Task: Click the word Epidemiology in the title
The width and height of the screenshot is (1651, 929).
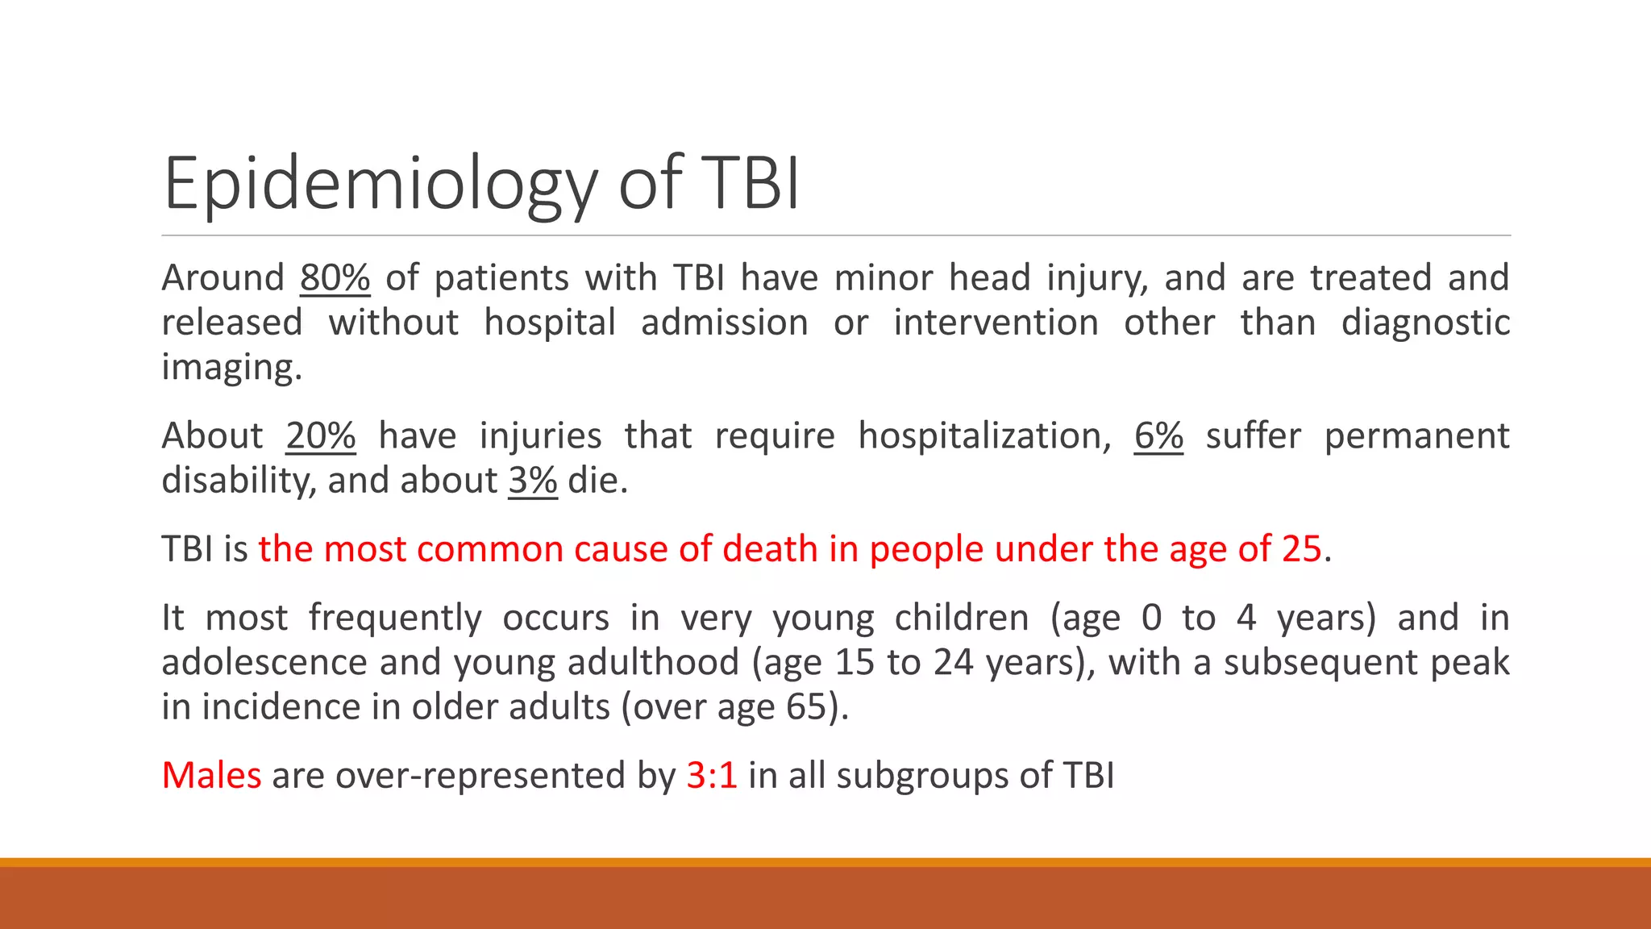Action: [379, 184]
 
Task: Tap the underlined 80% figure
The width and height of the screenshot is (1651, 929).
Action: [335, 278]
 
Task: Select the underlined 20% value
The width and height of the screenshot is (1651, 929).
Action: [320, 436]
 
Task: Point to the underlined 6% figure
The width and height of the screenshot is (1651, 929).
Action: [1158, 436]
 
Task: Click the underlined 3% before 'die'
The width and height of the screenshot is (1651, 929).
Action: [532, 481]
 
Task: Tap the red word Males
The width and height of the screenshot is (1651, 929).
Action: [211, 776]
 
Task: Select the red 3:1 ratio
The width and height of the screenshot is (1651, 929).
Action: [712, 776]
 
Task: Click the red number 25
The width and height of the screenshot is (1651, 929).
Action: [1301, 549]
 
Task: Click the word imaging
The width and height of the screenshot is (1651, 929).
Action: [231, 368]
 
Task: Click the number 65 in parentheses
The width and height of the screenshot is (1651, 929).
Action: [806, 707]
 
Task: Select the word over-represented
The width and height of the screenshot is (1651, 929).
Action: [480, 776]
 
